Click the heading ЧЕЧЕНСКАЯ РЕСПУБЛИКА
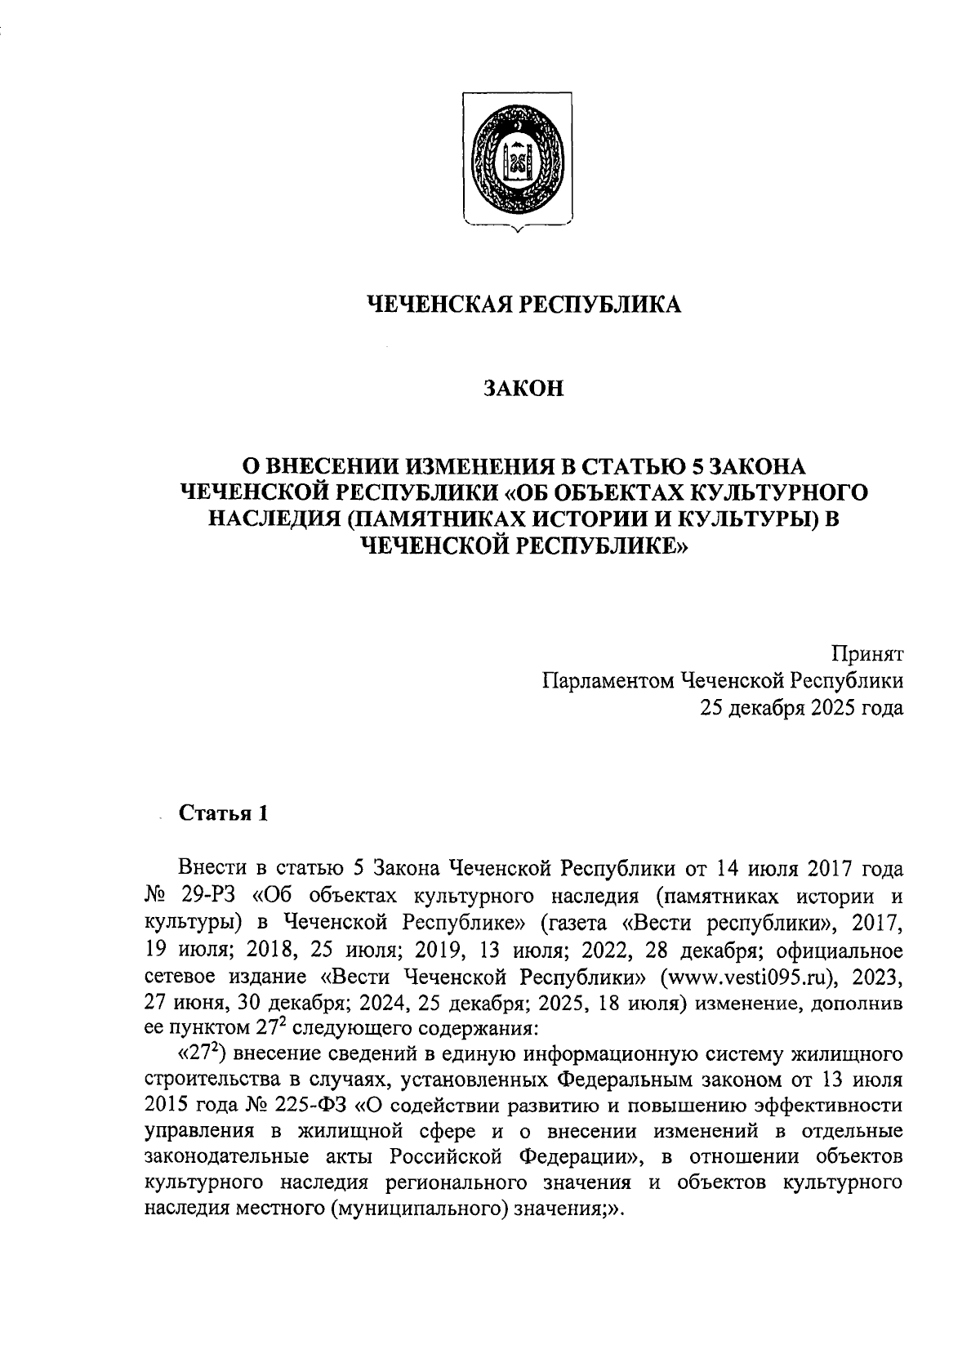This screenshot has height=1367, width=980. click(522, 305)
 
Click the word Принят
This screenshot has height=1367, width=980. click(867, 653)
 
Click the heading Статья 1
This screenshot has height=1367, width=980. click(222, 814)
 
